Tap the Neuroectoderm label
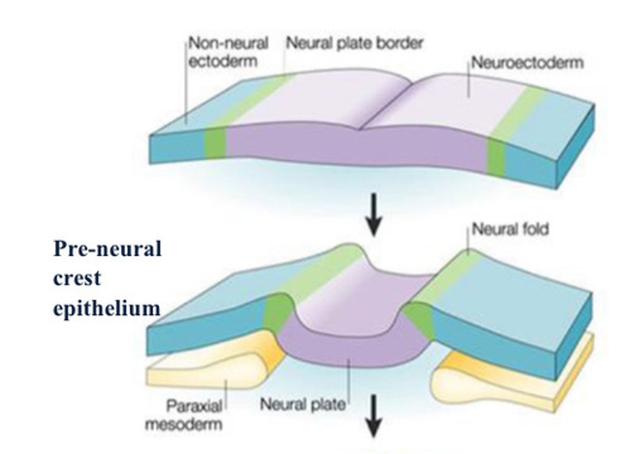(527, 63)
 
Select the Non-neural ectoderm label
(228, 52)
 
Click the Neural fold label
(510, 229)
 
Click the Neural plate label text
(302, 404)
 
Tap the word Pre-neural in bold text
(107, 249)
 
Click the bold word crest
(77, 278)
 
